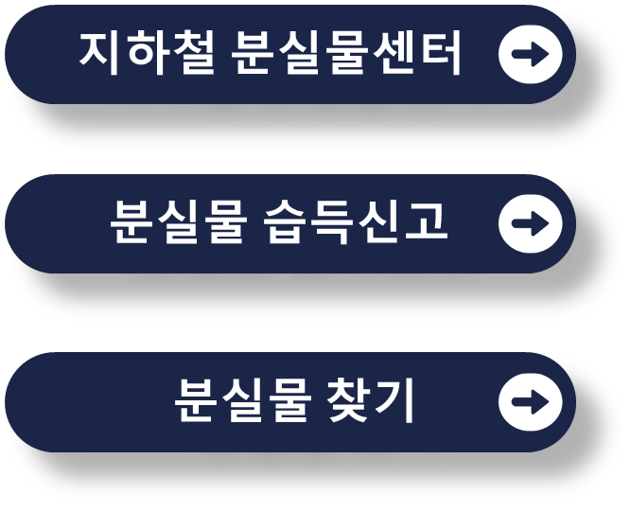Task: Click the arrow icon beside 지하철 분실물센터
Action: (530, 54)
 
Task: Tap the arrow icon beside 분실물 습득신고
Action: (530, 223)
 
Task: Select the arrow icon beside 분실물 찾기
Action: (530, 402)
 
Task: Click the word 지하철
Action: (148, 54)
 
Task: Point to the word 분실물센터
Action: (347, 54)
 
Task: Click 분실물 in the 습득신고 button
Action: (178, 223)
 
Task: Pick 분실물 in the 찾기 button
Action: (243, 402)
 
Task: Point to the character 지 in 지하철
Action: (101, 54)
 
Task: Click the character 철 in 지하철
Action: (194, 54)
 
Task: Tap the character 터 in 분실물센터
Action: (441, 54)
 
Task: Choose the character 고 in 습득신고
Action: (425, 223)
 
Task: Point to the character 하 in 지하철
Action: (148, 54)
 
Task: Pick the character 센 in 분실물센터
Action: (394, 54)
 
